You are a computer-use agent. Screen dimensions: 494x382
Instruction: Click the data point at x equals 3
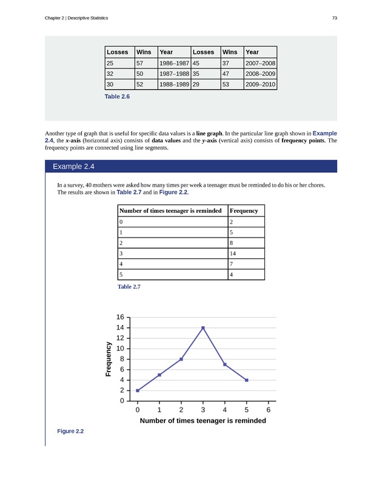tap(203, 328)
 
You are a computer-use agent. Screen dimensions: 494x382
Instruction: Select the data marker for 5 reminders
tap(247, 380)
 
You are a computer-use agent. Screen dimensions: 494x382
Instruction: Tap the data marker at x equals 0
tap(138, 390)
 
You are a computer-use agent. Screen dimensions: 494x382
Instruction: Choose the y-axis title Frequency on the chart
tap(109, 359)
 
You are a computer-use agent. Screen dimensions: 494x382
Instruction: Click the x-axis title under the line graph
tap(203, 421)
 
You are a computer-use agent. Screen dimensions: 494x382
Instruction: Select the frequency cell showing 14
tap(234, 253)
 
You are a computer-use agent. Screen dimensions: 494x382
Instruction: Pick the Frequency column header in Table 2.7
tap(244, 211)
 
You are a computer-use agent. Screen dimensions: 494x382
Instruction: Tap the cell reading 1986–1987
tap(173, 62)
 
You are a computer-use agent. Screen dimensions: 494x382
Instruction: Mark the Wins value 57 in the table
tap(141, 62)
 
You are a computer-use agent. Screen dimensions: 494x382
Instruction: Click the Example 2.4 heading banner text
tap(73, 166)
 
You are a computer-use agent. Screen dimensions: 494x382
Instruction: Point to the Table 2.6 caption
tap(118, 96)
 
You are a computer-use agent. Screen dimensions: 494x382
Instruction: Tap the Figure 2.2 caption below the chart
tap(70, 431)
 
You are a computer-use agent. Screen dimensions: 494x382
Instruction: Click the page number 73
tap(335, 18)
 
